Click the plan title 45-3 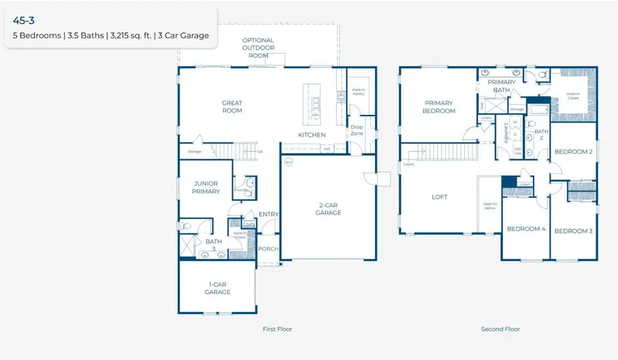(x=25, y=21)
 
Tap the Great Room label (x=232, y=107)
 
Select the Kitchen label (x=311, y=135)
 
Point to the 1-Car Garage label (x=218, y=288)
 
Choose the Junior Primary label (x=206, y=188)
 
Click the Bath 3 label (x=214, y=245)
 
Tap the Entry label (x=268, y=214)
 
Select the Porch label (x=268, y=249)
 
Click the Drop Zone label (x=356, y=130)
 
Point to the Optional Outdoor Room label (x=258, y=47)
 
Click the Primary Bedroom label (x=439, y=107)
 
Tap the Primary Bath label (x=502, y=86)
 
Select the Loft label (x=439, y=197)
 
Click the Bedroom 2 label (x=573, y=152)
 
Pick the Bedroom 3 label (x=573, y=231)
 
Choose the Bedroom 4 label (x=526, y=229)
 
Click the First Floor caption (x=277, y=329)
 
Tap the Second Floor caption (x=501, y=329)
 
